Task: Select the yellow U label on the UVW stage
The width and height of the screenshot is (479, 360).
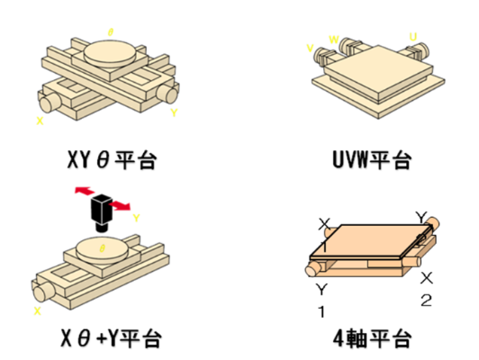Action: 413,38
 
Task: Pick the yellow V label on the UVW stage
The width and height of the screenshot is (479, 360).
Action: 310,48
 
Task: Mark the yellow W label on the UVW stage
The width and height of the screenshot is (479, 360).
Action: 334,40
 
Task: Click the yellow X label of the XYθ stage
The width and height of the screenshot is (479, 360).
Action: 39,118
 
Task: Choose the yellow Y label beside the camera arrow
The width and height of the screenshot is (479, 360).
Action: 136,217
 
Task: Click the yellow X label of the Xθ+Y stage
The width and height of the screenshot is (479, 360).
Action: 37,310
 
